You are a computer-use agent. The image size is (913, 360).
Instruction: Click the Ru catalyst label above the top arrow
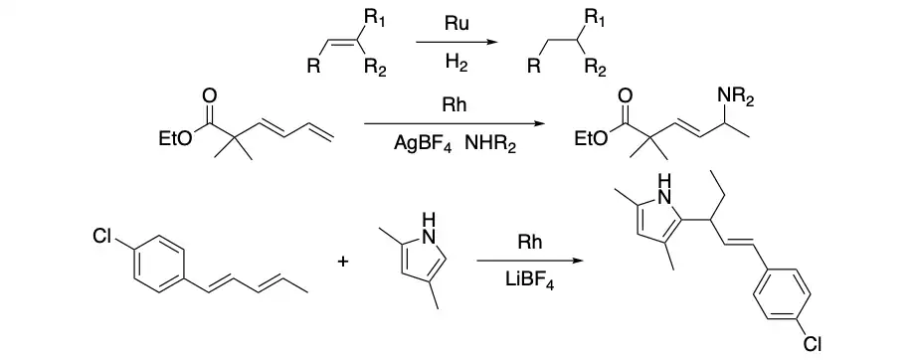click(x=456, y=23)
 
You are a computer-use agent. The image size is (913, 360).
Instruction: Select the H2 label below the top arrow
click(x=456, y=62)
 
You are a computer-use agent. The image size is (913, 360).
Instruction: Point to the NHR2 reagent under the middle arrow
click(x=490, y=144)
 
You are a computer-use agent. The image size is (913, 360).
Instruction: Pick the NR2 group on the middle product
click(x=736, y=97)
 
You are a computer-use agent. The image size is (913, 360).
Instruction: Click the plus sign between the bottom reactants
click(x=343, y=262)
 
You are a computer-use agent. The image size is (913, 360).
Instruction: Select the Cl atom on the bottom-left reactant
click(x=101, y=237)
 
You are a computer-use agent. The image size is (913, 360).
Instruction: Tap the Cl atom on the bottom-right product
click(x=812, y=344)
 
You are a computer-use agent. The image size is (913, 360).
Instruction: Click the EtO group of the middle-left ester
click(x=174, y=139)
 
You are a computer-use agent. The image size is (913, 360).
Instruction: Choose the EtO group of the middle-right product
click(x=591, y=139)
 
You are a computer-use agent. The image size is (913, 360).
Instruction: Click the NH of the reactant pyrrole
click(x=428, y=228)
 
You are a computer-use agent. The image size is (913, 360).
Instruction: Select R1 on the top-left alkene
click(x=373, y=19)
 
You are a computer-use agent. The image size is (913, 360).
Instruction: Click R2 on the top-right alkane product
click(x=595, y=69)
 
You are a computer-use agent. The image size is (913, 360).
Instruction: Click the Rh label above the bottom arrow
click(x=530, y=243)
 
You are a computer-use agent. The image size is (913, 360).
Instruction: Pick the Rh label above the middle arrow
click(x=455, y=105)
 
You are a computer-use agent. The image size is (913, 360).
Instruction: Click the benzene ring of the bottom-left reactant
click(x=159, y=259)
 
